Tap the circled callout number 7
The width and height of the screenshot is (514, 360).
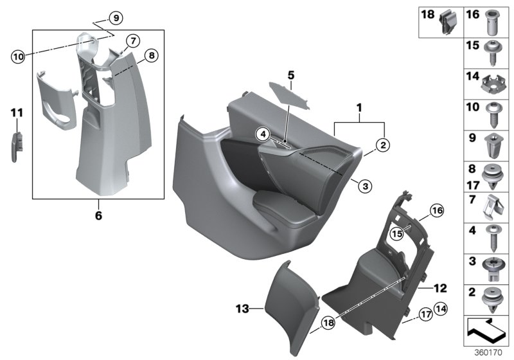tap(132, 40)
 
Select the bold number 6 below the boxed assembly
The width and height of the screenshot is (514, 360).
tap(98, 216)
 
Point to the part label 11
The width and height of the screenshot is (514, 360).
tap(17, 113)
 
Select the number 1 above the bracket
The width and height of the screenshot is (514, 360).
tap(360, 106)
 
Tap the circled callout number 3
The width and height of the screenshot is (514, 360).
tap(364, 186)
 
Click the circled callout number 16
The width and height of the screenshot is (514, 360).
tap(436, 210)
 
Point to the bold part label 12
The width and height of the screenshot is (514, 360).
tap(440, 289)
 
